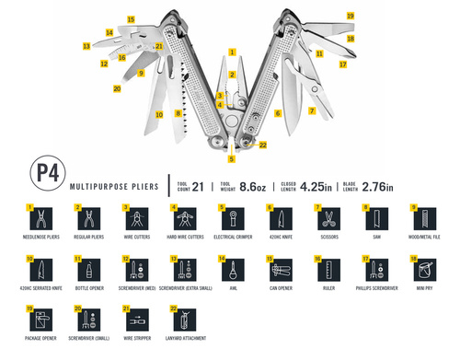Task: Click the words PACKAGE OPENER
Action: click(42, 342)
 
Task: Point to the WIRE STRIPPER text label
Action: click(137, 342)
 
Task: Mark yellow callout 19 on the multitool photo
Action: click(350, 16)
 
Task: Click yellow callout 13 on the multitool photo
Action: click(86, 44)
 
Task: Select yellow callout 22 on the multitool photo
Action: click(263, 145)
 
